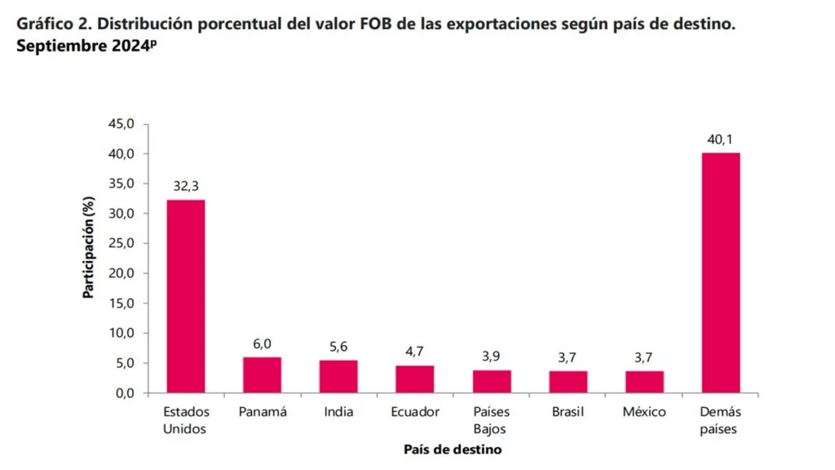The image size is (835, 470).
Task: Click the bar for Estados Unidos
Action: [x=186, y=296]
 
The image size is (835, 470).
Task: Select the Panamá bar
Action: [x=262, y=375]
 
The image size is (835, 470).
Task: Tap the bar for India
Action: [x=338, y=376]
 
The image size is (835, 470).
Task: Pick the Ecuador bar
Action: [x=415, y=379]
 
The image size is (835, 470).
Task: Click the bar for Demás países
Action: [x=721, y=273]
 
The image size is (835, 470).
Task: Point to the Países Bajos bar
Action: [x=492, y=381]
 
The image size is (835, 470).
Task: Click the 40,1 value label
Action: [x=721, y=140]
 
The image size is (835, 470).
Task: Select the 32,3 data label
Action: [x=186, y=187]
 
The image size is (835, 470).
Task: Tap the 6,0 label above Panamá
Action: [x=262, y=344]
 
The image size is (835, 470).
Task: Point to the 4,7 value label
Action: [x=415, y=352]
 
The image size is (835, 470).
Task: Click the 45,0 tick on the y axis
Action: [x=120, y=124]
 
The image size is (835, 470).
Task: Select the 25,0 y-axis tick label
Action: [x=120, y=243]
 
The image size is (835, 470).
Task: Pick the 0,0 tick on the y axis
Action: [x=123, y=392]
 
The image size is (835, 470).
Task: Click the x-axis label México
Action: [x=644, y=412]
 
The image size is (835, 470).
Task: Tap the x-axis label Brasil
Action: [x=568, y=412]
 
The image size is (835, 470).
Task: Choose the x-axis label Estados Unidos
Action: [x=186, y=420]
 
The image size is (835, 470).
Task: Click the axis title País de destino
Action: [x=453, y=450]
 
